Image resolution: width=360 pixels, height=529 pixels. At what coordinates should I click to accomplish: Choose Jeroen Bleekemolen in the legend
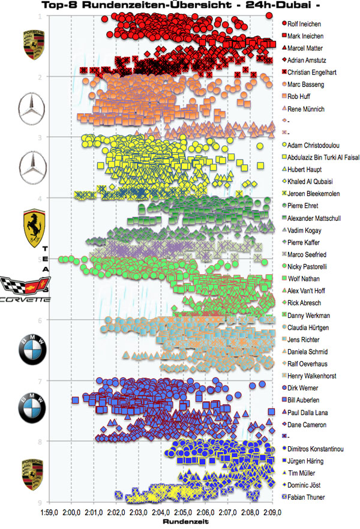(315, 194)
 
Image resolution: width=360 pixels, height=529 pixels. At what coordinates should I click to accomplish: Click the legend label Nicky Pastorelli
(310, 267)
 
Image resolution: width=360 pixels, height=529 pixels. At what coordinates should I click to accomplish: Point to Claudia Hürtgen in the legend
(309, 327)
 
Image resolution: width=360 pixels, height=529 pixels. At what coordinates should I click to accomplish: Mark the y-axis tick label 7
(39, 381)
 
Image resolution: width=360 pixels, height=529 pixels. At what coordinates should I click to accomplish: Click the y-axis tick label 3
(39, 137)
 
